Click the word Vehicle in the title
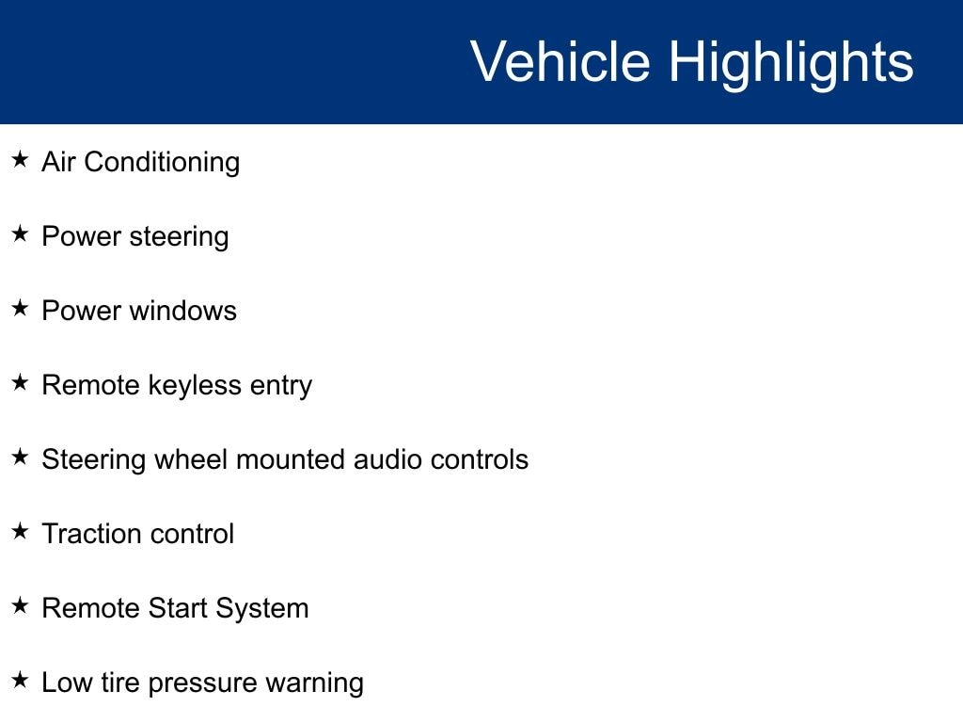coord(560,61)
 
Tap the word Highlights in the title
coord(791,65)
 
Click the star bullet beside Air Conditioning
coord(21,159)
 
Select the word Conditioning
coord(162,164)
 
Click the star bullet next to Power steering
coord(21,233)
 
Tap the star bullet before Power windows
coord(21,308)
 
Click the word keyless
coord(195,387)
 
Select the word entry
coord(280,387)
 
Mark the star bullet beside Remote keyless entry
coord(21,382)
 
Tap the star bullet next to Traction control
coord(21,531)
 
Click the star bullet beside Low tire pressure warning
coord(21,680)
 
